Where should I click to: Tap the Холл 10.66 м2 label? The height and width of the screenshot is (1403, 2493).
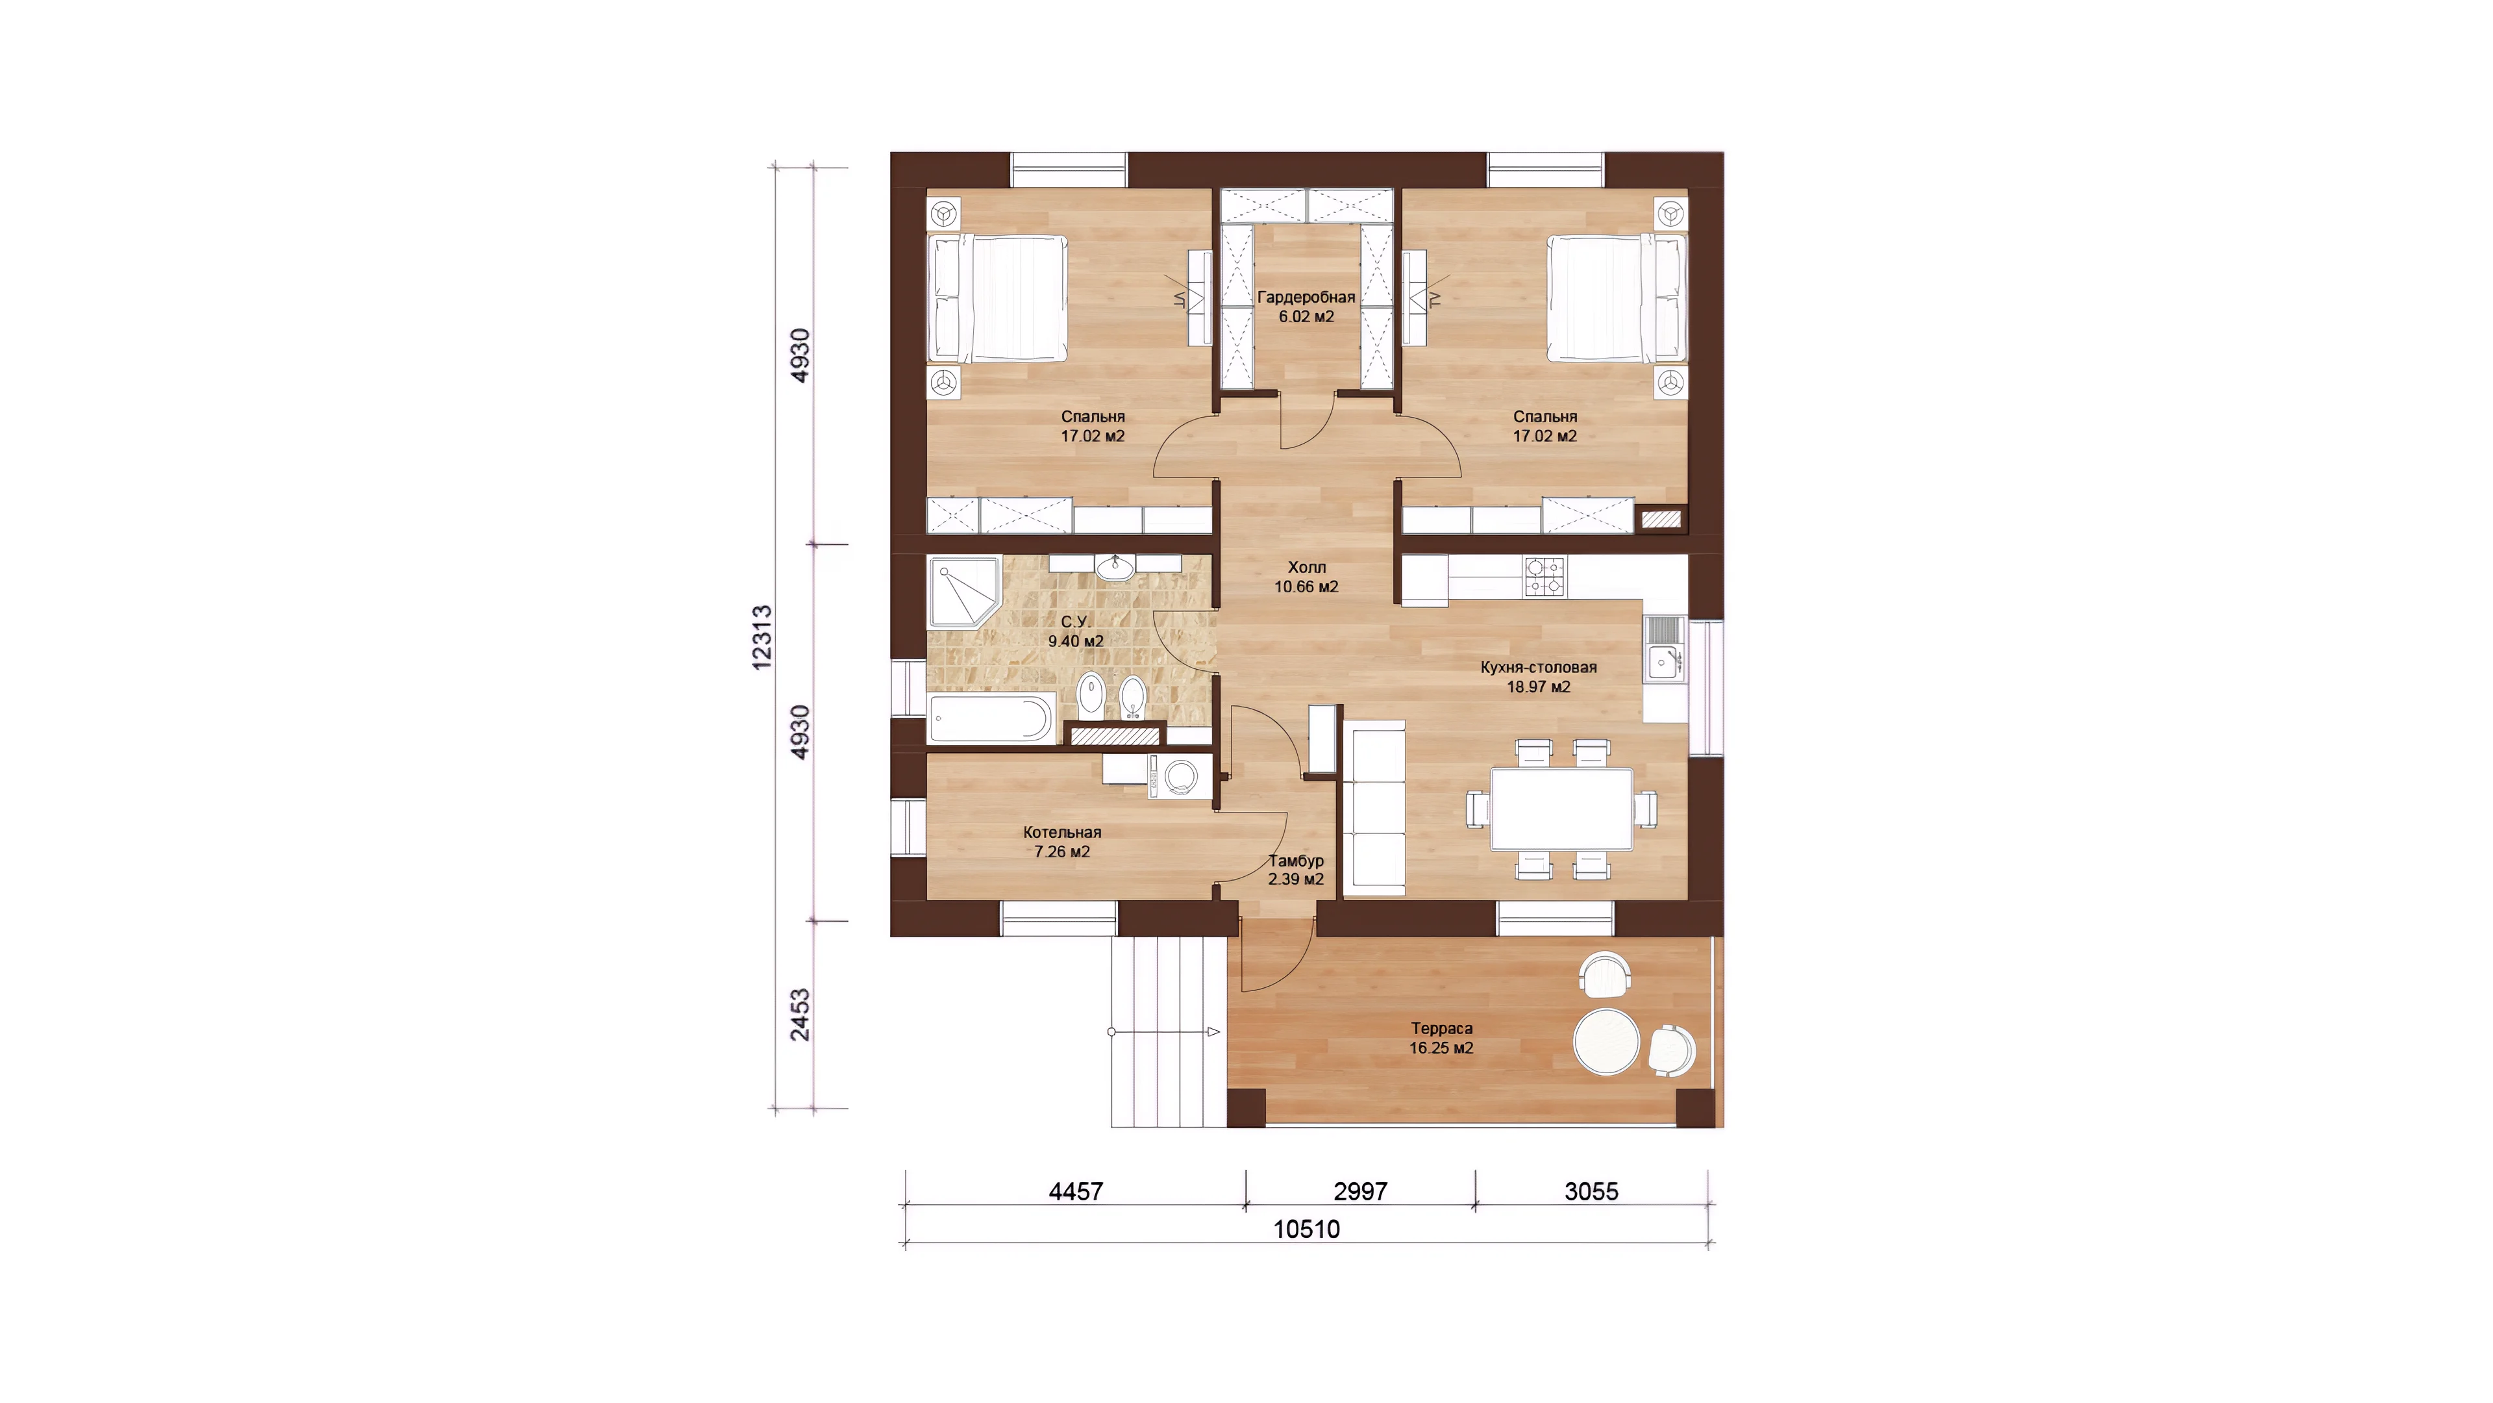[x=1306, y=577]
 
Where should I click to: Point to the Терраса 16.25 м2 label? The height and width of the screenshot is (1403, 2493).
[x=1441, y=1038]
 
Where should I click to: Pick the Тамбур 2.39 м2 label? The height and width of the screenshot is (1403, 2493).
[x=1296, y=870]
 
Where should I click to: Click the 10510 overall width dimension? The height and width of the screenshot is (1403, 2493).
[x=1306, y=1230]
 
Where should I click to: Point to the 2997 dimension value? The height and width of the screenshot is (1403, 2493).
[x=1361, y=1192]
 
